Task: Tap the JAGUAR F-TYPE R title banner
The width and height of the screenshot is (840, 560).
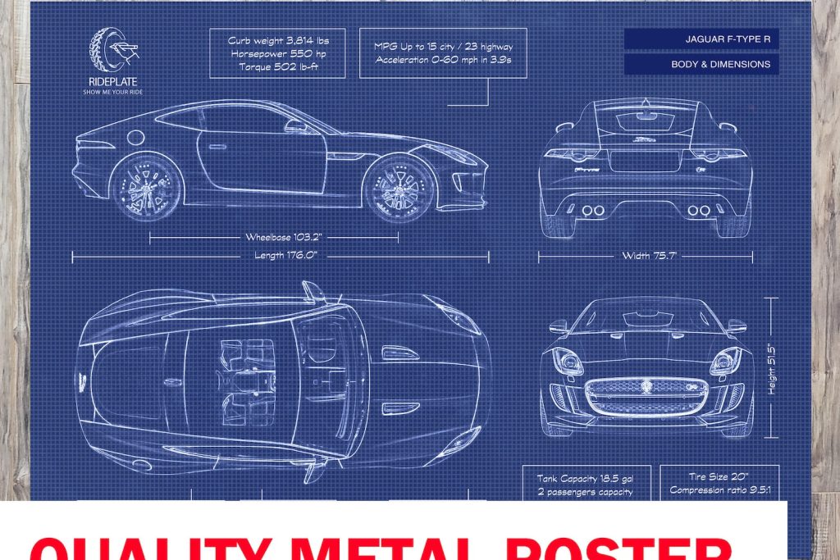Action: pos(701,39)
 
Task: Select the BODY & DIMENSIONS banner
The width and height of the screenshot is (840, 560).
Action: pos(701,64)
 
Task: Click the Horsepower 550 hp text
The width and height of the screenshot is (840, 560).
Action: pos(276,53)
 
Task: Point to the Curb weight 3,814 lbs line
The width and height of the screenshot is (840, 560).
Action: pos(276,41)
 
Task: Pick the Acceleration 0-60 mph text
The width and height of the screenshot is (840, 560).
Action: pos(442,60)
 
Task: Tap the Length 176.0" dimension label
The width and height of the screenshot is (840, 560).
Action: pos(281,256)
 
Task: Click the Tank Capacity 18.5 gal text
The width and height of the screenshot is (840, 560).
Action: pos(585,478)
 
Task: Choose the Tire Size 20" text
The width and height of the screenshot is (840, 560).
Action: pos(707,476)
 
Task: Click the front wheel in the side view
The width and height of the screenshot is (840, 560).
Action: pos(399,189)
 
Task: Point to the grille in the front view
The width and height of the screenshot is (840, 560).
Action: pos(646,397)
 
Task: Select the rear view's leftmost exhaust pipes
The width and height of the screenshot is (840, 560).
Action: pos(592,211)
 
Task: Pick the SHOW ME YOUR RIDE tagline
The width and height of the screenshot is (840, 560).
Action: pos(113,92)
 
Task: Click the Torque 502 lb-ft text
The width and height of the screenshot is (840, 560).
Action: pos(276,66)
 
